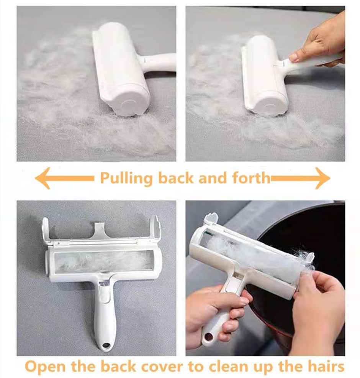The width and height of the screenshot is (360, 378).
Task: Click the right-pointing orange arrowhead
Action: click(322, 178)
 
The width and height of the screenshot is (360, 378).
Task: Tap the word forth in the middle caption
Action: click(251, 178)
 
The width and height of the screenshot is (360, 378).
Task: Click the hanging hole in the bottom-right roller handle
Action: click(208, 338)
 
